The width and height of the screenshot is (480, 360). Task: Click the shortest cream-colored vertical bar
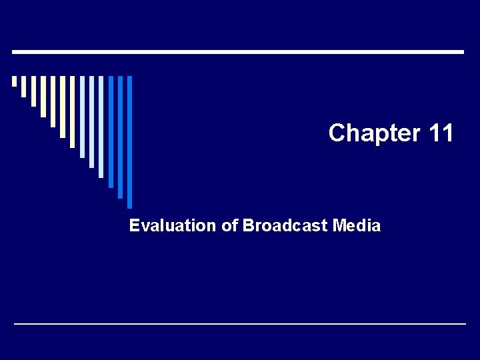tap(14, 81)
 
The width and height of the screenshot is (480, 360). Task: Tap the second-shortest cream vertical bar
tap(24, 87)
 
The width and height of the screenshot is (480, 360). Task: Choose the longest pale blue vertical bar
tap(101, 127)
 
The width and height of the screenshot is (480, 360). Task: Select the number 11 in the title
tap(441, 133)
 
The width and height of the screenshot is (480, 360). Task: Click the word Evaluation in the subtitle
tap(173, 226)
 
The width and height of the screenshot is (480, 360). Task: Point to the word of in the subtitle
tap(229, 226)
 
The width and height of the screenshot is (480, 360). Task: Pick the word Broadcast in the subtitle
tap(285, 226)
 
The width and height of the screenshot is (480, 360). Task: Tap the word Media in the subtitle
tap(356, 226)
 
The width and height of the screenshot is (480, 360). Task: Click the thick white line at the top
tap(238, 51)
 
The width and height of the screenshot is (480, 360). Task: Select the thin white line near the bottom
tap(240, 323)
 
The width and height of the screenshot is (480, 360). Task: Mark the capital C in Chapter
tap(337, 133)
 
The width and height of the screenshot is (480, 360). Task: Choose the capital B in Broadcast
tap(248, 226)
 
